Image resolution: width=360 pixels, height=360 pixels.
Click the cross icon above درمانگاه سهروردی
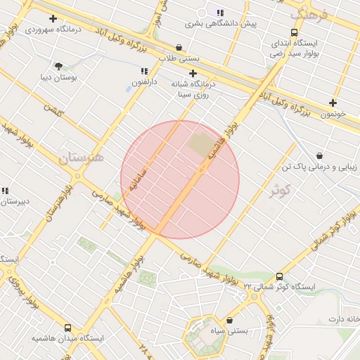point(53,18)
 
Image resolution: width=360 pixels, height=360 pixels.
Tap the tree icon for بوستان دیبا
point(58,65)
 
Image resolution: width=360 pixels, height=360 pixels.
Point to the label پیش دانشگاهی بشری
point(221,23)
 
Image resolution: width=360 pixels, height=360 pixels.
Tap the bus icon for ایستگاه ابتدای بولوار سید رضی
point(294,32)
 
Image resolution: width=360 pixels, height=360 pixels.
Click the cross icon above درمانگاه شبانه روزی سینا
point(193,73)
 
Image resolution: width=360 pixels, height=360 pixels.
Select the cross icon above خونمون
point(333,103)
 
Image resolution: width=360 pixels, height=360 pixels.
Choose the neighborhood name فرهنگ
point(309,13)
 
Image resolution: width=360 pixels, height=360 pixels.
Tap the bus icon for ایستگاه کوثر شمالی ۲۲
point(280,276)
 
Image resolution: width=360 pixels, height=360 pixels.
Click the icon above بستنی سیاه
point(229,320)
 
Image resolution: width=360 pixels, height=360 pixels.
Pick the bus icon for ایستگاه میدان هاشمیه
point(67,328)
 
